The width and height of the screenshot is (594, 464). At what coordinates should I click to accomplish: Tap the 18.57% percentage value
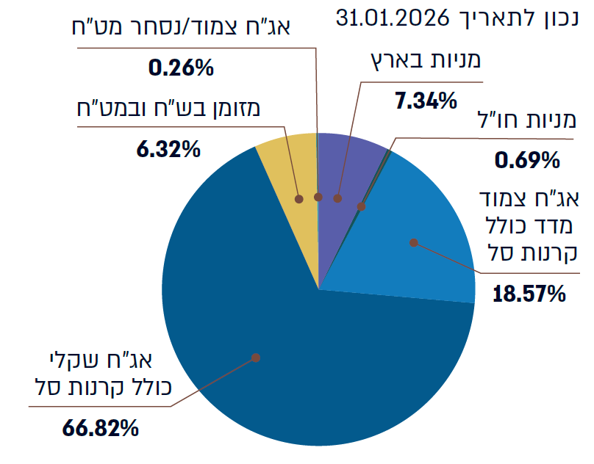click(529, 295)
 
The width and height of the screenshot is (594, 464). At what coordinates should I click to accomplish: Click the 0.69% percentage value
click(527, 158)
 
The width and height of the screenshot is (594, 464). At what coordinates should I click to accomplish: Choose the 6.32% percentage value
click(168, 150)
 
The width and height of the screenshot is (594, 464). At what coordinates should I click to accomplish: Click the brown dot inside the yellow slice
click(299, 198)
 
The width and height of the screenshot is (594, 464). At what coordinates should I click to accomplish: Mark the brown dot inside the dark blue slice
click(256, 358)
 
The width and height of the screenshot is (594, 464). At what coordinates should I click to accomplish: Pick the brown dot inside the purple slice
click(337, 198)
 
